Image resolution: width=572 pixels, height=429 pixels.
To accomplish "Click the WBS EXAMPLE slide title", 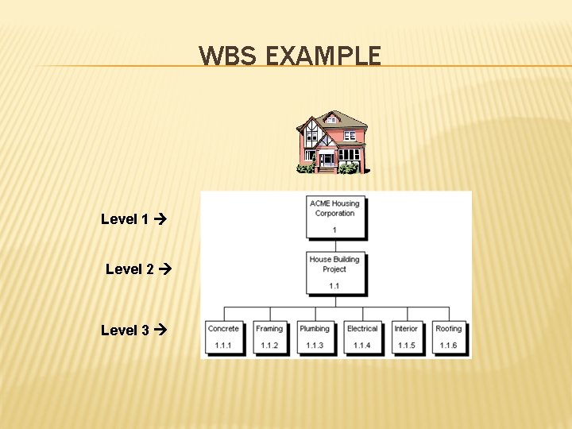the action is pyautogui.click(x=290, y=56).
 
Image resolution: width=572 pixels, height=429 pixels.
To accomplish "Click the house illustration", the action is pyautogui.click(x=332, y=141).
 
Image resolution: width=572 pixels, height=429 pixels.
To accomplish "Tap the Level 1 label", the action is pyautogui.click(x=125, y=219).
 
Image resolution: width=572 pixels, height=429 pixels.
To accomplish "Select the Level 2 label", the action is pyautogui.click(x=129, y=269).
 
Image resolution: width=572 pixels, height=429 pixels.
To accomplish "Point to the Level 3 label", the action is pyautogui.click(x=125, y=330).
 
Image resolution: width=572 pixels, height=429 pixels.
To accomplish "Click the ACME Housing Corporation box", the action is pyautogui.click(x=334, y=215).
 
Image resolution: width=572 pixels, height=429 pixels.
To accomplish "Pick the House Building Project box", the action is pyautogui.click(x=334, y=271).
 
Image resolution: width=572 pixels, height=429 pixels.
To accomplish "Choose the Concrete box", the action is pyautogui.click(x=223, y=337).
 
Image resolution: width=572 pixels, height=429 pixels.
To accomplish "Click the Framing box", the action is pyautogui.click(x=269, y=337).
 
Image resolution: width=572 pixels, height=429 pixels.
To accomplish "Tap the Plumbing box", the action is pyautogui.click(x=315, y=337).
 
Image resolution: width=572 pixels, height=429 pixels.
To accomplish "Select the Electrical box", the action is pyautogui.click(x=362, y=337).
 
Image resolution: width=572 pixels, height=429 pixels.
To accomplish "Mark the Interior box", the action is pyautogui.click(x=406, y=337).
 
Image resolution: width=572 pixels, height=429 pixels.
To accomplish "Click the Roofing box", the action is pyautogui.click(x=449, y=337).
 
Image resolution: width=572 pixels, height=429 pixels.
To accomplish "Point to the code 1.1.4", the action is pyautogui.click(x=362, y=346).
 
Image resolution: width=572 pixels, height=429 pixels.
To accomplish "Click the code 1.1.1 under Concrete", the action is pyautogui.click(x=223, y=346).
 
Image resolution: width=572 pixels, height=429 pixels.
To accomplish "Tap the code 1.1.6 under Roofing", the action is pyautogui.click(x=449, y=346).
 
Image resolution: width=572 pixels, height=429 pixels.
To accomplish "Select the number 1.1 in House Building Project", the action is pyautogui.click(x=334, y=285).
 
